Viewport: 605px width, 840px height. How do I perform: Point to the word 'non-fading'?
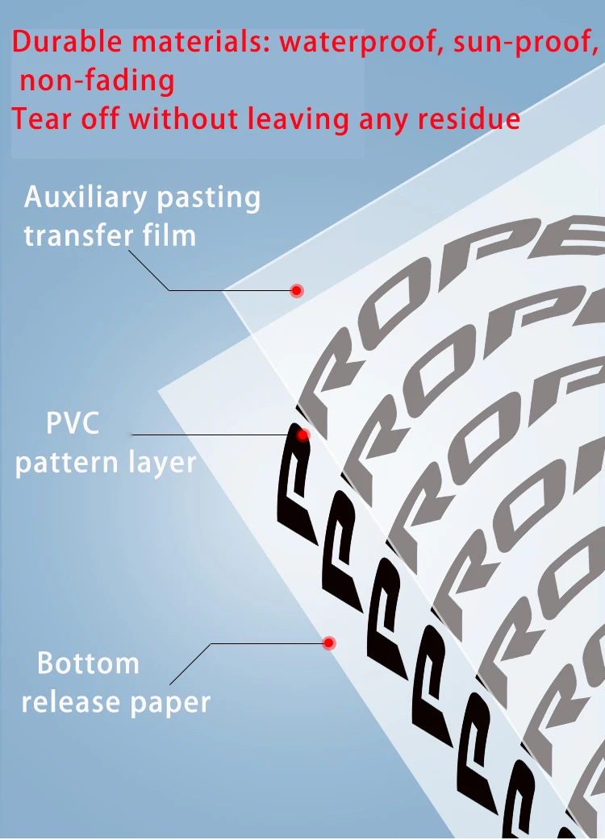(x=98, y=80)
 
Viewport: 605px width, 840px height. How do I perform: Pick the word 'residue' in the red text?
(x=469, y=119)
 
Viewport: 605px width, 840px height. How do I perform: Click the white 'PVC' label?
(x=73, y=422)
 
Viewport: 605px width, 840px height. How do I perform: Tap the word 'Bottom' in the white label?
(x=88, y=663)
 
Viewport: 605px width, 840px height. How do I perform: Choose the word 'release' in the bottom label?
(x=65, y=701)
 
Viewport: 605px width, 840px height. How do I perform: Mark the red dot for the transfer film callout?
(x=296, y=290)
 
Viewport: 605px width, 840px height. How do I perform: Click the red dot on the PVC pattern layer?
(x=303, y=435)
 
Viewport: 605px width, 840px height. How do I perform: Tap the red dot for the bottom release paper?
(x=329, y=642)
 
